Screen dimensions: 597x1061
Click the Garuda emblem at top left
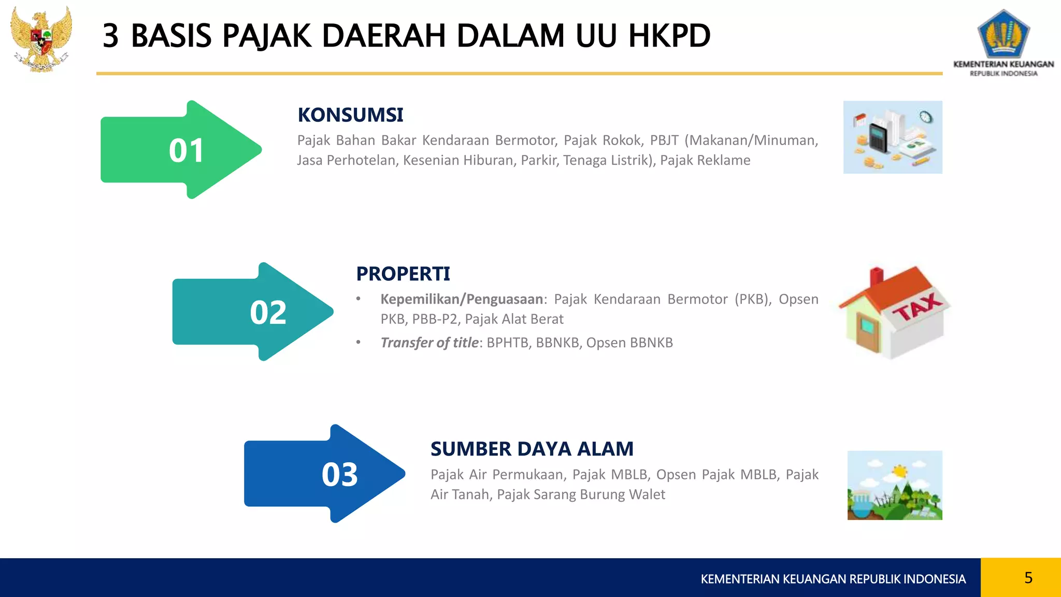pos(41,39)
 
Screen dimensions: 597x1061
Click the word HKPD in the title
pos(669,36)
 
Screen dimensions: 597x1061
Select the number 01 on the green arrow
pos(187,151)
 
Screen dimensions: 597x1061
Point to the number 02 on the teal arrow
pos(268,312)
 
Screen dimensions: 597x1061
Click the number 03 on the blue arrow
pos(340,474)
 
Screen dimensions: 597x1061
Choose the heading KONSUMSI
pos(350,115)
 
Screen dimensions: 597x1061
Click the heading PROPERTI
pos(403,274)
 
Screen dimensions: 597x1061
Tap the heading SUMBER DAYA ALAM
pos(532,449)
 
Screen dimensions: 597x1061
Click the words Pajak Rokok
pos(602,140)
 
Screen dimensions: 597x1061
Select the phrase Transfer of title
pos(429,343)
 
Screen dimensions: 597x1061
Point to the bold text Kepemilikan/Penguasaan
pos(461,299)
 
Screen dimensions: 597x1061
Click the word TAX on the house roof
pos(917,307)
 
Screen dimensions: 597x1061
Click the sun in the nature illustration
pos(900,471)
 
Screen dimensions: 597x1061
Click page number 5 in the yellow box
pos(1028,577)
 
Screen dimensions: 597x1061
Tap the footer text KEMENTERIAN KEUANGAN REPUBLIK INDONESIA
pos(833,579)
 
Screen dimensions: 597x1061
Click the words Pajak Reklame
pos(705,160)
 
